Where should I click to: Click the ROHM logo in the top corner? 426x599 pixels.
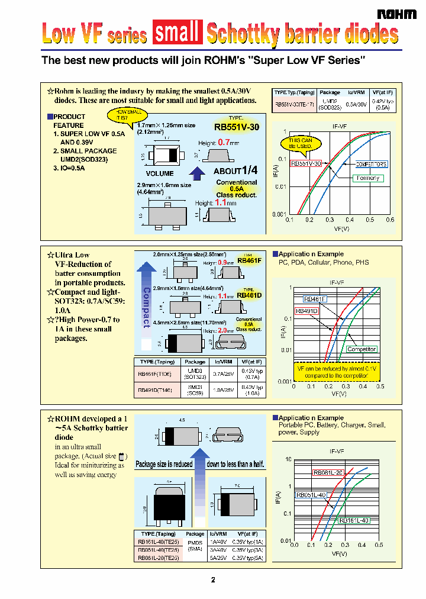[397, 14]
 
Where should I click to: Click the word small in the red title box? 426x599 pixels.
[176, 33]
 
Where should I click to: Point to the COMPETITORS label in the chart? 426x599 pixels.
[371, 164]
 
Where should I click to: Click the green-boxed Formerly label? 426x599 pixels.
[368, 178]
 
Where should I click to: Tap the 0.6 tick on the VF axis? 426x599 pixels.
[390, 219]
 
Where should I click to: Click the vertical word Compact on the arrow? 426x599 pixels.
[147, 307]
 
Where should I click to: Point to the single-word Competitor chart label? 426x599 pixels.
[362, 349]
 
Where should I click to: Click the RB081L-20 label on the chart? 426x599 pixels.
[328, 472]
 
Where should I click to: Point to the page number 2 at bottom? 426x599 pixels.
[213, 580]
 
